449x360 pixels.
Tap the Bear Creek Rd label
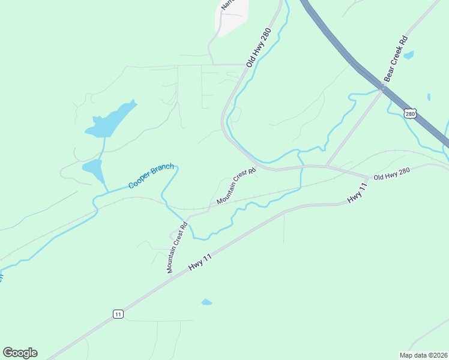396,59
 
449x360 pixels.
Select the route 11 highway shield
118,314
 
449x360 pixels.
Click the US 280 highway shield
410,113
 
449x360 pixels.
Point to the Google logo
20,353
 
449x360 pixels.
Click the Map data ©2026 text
424,355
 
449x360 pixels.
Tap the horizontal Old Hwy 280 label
391,174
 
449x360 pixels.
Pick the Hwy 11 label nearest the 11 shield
200,262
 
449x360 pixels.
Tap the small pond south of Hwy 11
206,302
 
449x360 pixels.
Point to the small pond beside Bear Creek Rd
409,55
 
